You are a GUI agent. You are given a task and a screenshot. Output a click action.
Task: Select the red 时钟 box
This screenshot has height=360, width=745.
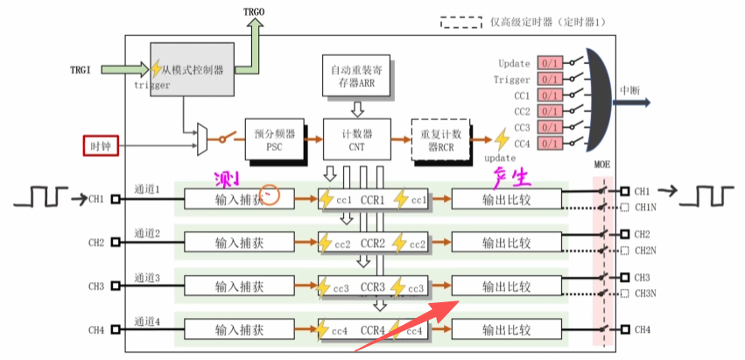tap(101, 145)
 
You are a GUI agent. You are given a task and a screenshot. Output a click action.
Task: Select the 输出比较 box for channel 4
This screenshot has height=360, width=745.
tap(506, 330)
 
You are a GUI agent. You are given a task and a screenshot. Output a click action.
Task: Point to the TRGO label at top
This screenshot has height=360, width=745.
tap(255, 10)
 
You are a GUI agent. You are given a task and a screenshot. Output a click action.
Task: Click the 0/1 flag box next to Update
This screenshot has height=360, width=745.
tap(550, 63)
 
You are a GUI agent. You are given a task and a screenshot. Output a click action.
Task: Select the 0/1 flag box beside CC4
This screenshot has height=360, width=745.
tap(550, 143)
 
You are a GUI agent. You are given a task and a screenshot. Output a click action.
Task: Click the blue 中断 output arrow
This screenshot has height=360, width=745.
tap(633, 102)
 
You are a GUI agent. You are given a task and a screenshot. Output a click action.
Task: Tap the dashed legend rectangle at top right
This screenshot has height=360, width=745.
tap(463, 20)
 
